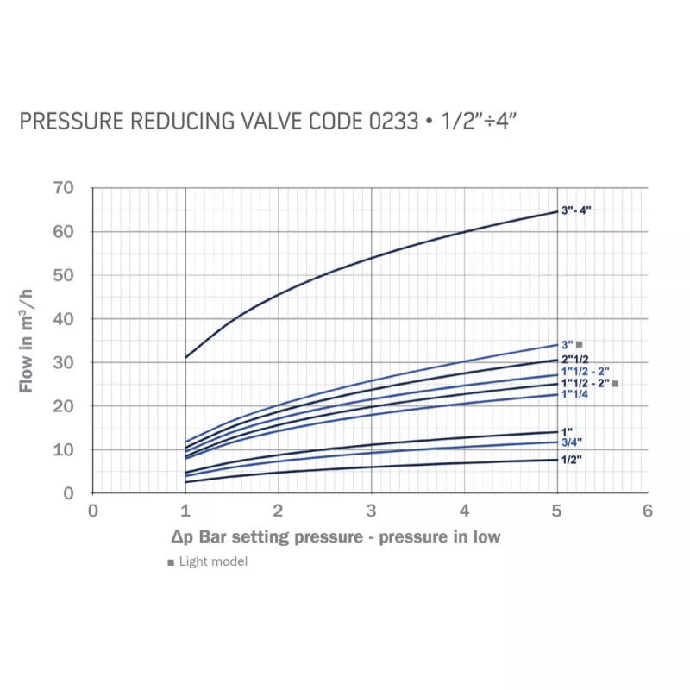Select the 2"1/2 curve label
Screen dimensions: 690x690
coord(575,359)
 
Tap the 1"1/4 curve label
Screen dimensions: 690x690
coord(575,394)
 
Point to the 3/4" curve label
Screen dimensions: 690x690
coord(571,442)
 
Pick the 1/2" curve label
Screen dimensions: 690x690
coord(571,460)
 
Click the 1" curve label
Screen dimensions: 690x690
coord(568,430)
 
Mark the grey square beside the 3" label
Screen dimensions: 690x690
coord(580,345)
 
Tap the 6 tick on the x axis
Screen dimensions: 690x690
coord(648,510)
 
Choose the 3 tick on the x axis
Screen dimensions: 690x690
coord(371,510)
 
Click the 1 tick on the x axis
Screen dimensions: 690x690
coord(185,510)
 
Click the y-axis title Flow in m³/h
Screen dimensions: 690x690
coord(28,341)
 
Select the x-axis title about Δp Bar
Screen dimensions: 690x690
coord(336,536)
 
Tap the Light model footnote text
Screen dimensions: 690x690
coord(213,562)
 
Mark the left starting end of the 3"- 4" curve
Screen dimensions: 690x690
coord(185,357)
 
